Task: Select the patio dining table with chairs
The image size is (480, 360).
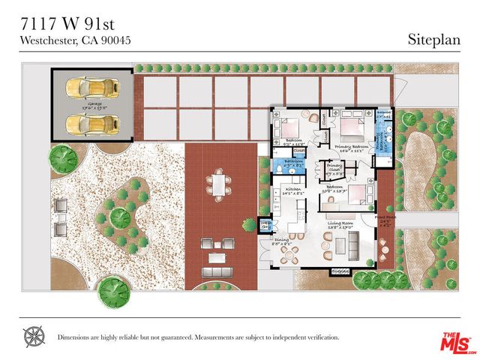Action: [218, 183]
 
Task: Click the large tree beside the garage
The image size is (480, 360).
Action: [63, 157]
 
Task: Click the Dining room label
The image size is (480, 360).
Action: [281, 241]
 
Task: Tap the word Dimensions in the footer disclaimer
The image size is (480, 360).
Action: [79, 337]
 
